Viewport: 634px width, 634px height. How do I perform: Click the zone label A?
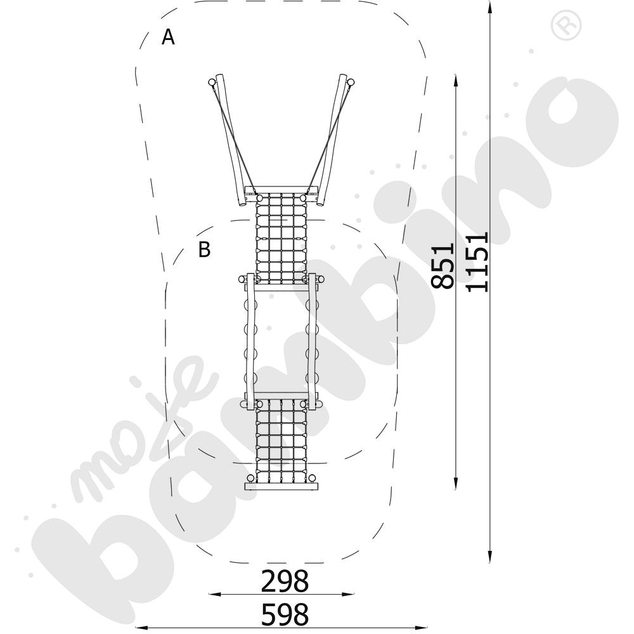tap(168, 37)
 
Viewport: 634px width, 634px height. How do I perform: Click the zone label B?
tap(205, 249)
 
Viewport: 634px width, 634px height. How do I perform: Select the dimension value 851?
tap(443, 266)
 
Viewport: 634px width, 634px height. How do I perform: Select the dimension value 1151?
tap(477, 262)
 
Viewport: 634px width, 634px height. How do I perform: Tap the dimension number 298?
tap(285, 581)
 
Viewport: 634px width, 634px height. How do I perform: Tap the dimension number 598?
tap(285, 614)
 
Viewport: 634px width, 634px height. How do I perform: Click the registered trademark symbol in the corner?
tap(566, 26)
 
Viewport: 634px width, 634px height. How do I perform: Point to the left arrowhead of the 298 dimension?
tap(214, 595)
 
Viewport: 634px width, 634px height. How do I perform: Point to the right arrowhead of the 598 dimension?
tap(422, 628)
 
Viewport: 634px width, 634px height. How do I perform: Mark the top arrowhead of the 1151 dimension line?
tap(489, 7)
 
